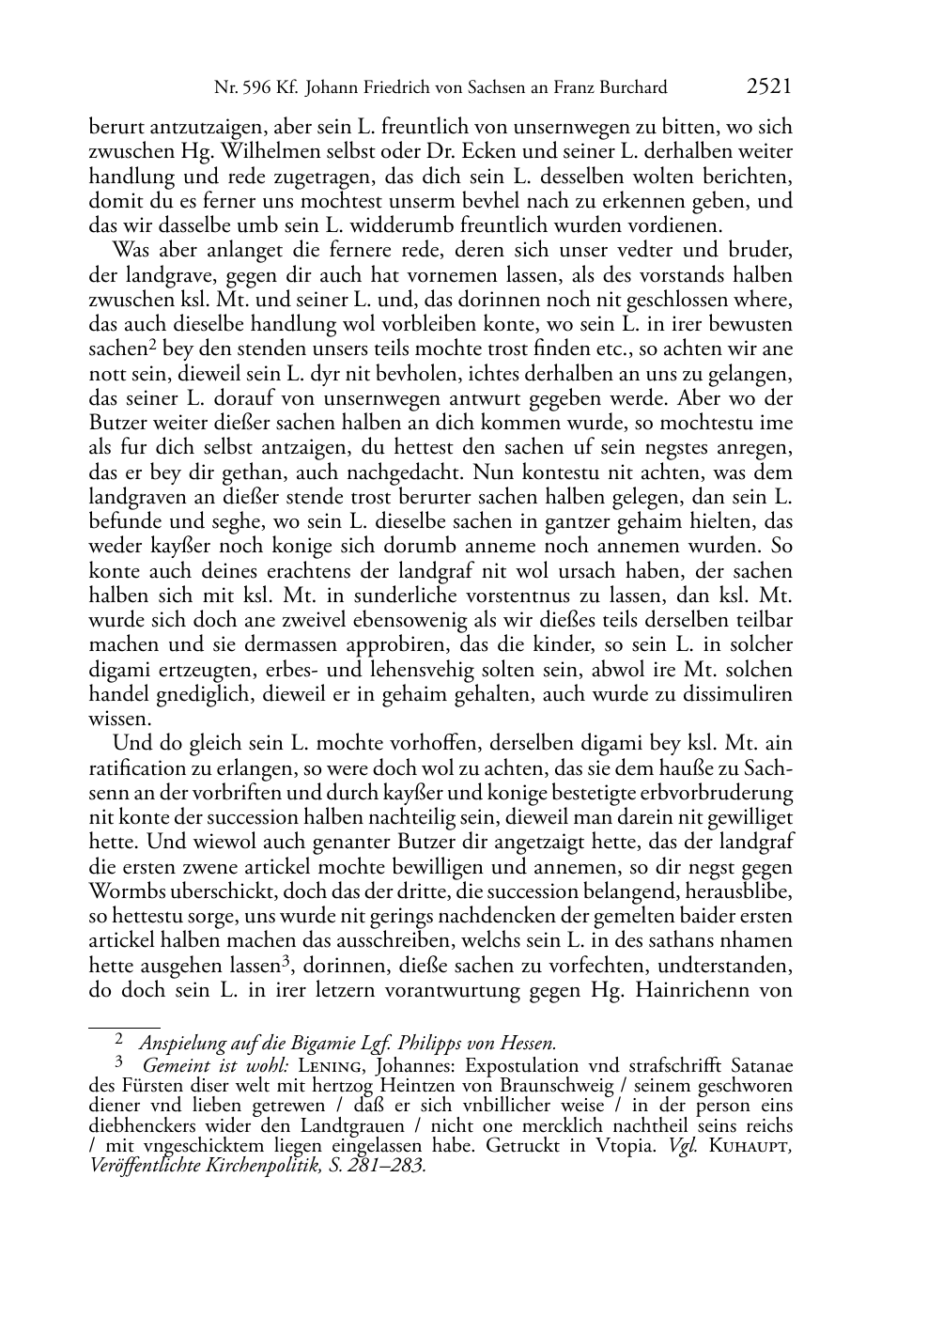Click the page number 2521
[x=768, y=87]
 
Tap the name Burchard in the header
[x=631, y=88]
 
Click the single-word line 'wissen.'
[x=119, y=720]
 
